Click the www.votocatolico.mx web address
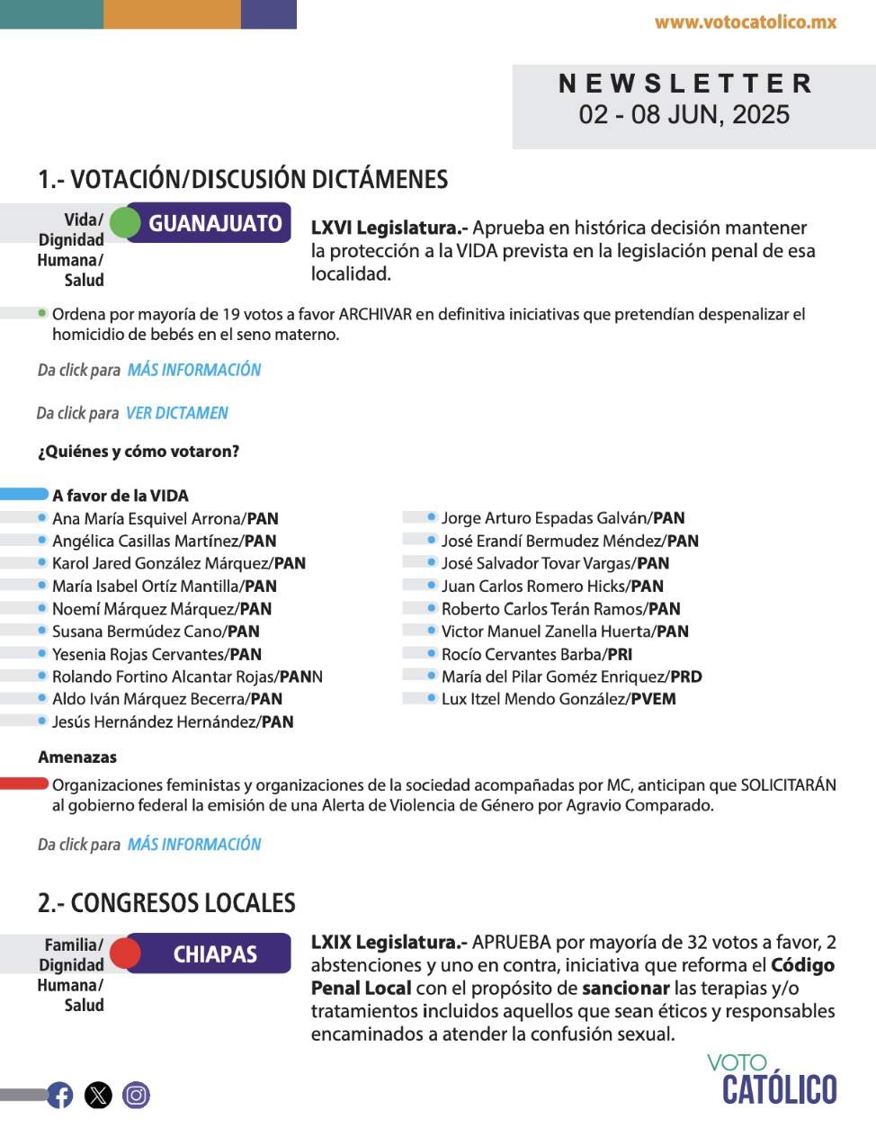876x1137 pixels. tap(746, 22)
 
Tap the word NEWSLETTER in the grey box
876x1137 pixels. tap(685, 84)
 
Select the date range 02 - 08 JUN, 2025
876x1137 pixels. tap(684, 115)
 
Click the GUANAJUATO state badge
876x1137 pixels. tap(215, 223)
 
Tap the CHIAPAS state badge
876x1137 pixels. tap(215, 953)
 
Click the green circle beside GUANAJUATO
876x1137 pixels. tap(125, 223)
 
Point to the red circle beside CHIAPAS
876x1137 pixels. tap(125, 953)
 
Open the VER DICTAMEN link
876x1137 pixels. tap(177, 413)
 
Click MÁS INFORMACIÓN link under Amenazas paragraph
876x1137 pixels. tap(194, 845)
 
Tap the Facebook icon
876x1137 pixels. tap(60, 1095)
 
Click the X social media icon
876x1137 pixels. tap(98, 1095)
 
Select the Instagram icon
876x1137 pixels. tap(136, 1095)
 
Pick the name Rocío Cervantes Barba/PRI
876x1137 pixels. tap(537, 654)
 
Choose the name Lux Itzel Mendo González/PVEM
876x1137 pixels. tap(559, 699)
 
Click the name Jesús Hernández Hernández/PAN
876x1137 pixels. tap(173, 721)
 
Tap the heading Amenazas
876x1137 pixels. tap(77, 757)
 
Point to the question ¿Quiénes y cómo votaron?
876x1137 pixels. tap(139, 452)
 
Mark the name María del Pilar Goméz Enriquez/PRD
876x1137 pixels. tap(571, 676)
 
